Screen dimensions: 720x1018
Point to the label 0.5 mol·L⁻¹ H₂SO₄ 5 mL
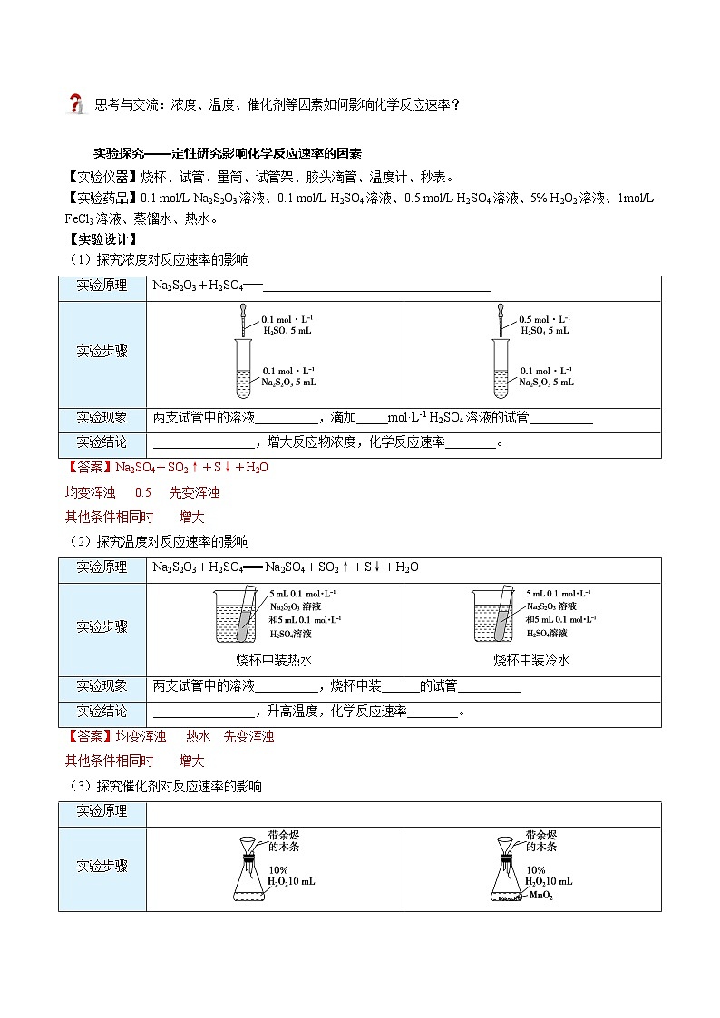click(545, 325)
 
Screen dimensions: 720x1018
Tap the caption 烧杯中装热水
click(274, 660)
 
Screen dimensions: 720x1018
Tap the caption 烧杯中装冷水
click(531, 660)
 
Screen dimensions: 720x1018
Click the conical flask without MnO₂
click(248, 879)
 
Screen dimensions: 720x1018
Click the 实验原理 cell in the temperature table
click(102, 568)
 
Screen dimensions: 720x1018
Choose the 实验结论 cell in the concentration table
click(102, 442)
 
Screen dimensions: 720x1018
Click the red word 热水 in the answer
click(198, 737)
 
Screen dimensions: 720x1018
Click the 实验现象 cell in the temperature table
click(102, 686)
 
